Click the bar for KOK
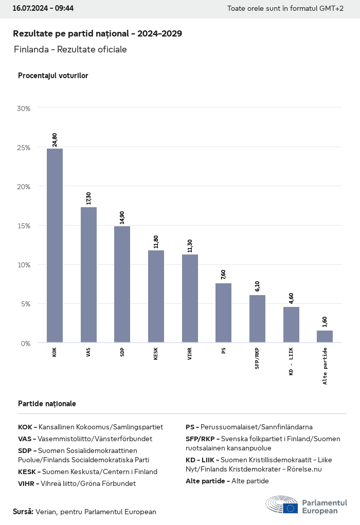click(x=55, y=245)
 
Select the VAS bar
click(x=88, y=275)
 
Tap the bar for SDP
click(x=122, y=284)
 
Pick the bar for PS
click(x=223, y=313)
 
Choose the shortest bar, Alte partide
click(x=325, y=336)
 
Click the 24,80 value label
click(x=55, y=140)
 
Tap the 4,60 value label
click(x=291, y=298)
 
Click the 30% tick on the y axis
click(x=24, y=108)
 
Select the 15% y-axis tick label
click(x=24, y=226)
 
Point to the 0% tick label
click(x=25, y=343)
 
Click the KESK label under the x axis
click(x=156, y=353)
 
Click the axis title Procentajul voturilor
click(x=53, y=76)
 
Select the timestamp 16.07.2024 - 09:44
click(x=43, y=9)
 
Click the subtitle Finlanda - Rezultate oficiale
click(x=70, y=49)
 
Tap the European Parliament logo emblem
click(x=281, y=505)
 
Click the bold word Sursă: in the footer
click(x=23, y=512)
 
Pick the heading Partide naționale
click(x=47, y=404)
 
